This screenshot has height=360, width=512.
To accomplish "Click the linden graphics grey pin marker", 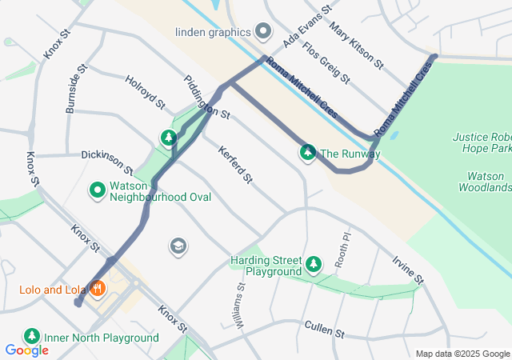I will (265, 32).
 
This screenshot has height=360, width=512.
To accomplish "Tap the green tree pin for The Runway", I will (307, 152).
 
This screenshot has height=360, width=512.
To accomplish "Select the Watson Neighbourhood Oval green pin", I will (98, 190).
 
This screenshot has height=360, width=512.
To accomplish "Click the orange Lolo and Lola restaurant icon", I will (98, 289).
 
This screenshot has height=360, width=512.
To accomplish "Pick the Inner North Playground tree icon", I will (32, 337).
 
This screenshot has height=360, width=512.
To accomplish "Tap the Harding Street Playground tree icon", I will (314, 263).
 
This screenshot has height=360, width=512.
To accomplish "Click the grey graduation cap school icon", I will (178, 246).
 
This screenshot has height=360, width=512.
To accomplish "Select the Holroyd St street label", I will (145, 92).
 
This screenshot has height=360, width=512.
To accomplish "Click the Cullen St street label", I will (323, 328).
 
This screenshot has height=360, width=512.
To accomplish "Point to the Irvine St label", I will (408, 270).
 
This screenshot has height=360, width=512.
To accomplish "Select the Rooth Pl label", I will (342, 250).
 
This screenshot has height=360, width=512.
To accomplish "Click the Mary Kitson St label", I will (357, 44).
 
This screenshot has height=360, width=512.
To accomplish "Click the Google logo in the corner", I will (27, 350).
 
